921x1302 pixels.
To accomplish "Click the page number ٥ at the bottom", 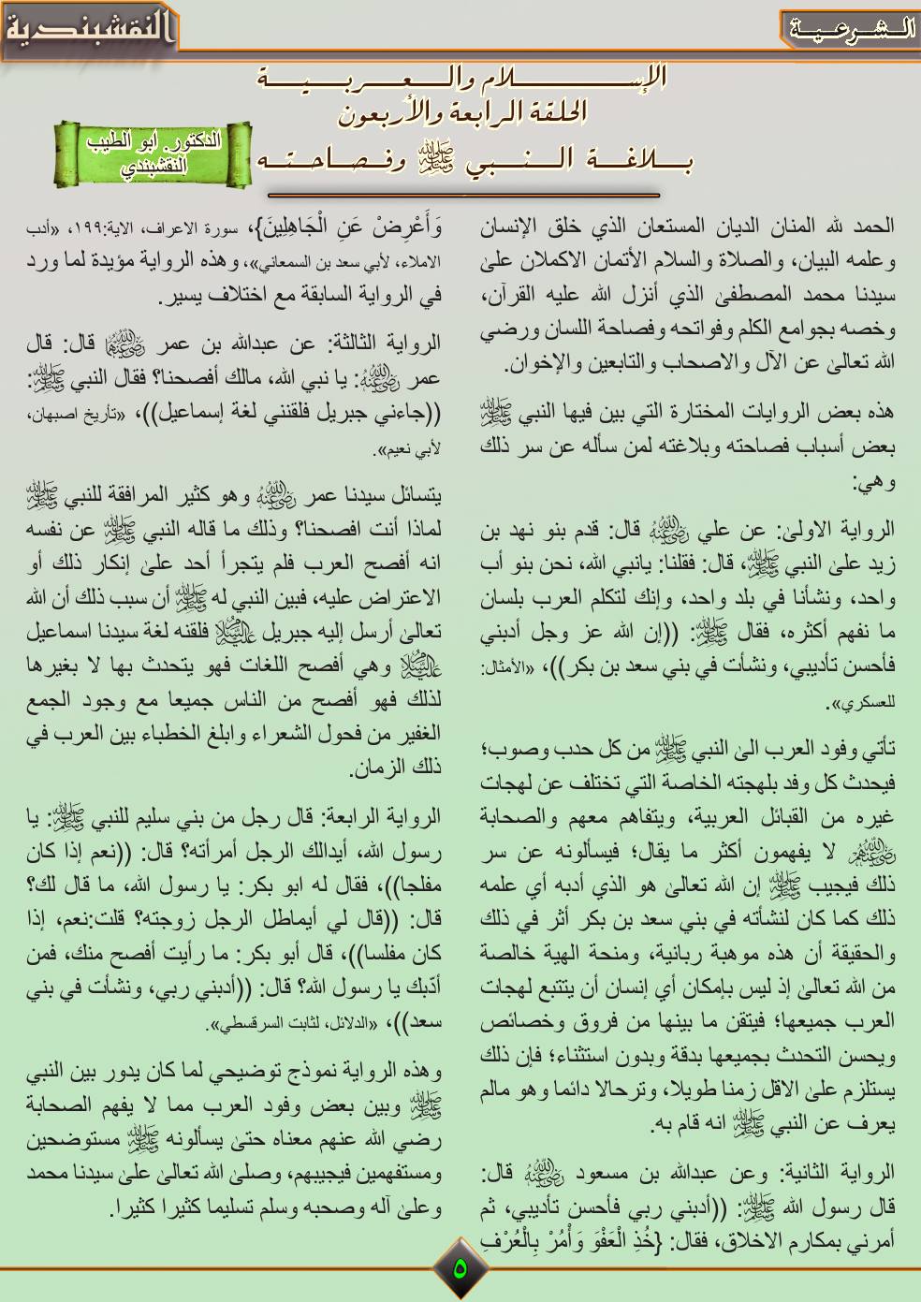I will [460, 1269].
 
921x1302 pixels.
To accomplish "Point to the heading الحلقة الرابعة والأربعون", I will [459, 113].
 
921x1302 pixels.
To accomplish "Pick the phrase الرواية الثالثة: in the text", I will [380, 342].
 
